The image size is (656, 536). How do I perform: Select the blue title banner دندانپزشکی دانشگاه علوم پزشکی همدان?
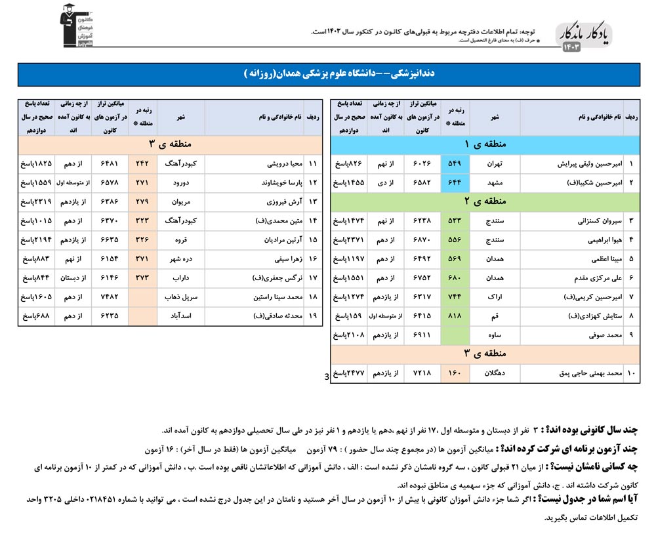[329, 75]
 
